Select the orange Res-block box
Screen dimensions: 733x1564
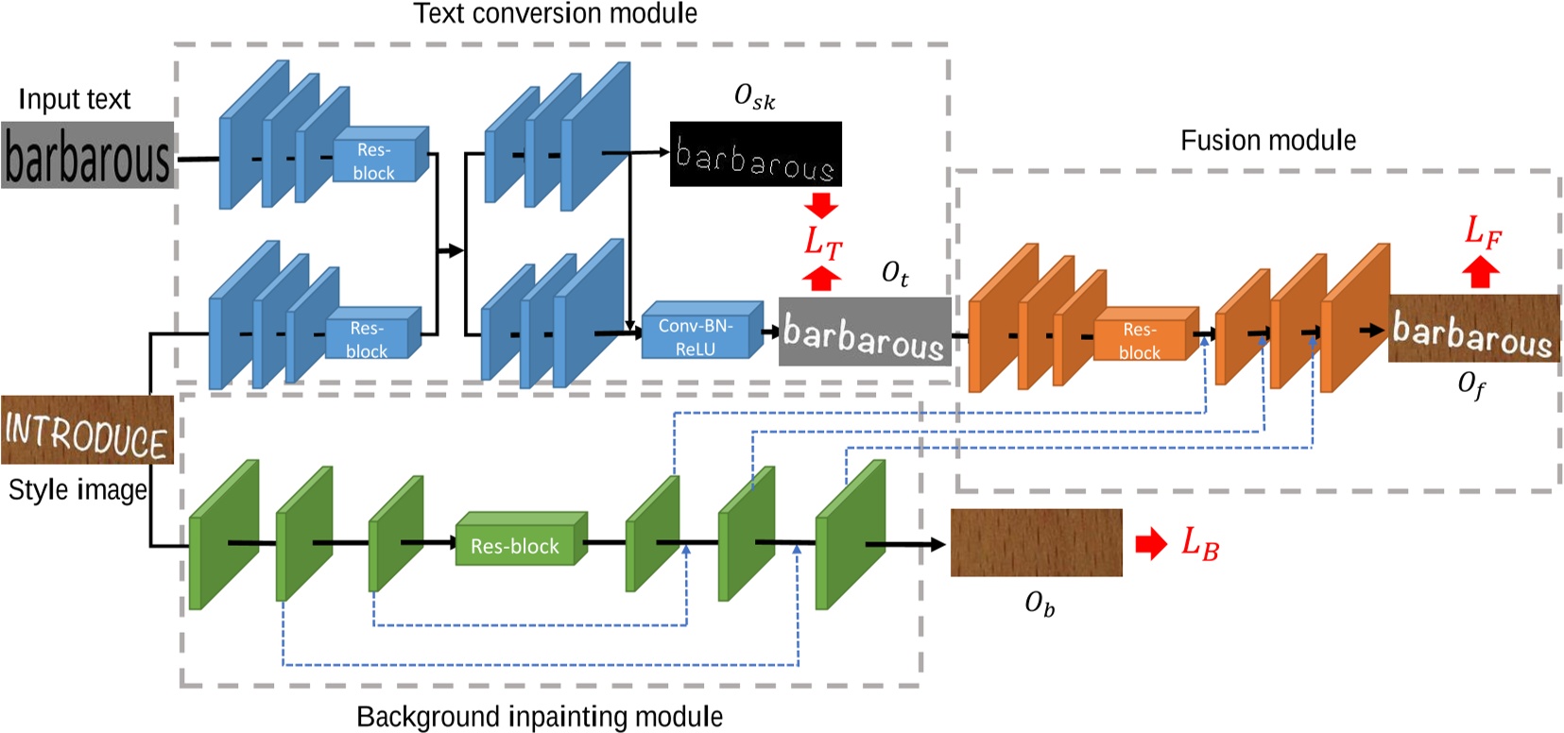(1142, 341)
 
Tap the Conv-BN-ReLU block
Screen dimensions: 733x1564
(697, 335)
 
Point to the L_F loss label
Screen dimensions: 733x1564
(1482, 230)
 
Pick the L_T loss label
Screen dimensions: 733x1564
(822, 243)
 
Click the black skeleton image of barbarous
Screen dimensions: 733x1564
(755, 154)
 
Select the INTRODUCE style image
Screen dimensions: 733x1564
(87, 431)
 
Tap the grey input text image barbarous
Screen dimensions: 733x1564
(87, 155)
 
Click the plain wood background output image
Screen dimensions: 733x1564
(1036, 542)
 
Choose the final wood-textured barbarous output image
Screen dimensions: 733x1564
(1472, 329)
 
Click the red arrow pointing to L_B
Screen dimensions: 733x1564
(1150, 543)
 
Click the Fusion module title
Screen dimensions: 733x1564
(1267, 141)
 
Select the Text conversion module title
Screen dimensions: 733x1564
(555, 13)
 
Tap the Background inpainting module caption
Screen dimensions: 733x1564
(539, 716)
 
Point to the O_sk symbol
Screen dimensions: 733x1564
(754, 96)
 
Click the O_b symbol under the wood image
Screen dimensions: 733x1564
(1039, 604)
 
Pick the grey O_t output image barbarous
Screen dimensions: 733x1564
(864, 332)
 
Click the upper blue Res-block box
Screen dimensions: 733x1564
(376, 161)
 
